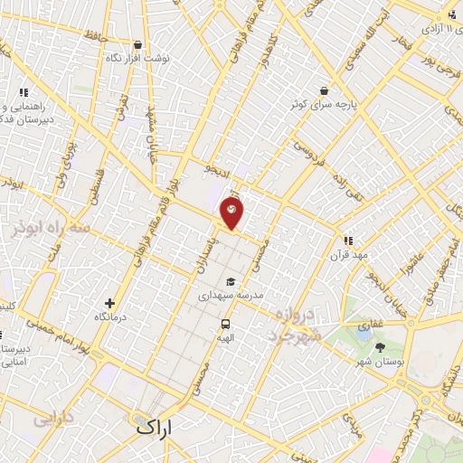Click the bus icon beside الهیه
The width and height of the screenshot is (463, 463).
pos(223,324)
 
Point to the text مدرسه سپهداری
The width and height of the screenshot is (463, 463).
pos(231,296)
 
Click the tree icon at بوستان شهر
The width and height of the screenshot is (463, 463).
pos(378,346)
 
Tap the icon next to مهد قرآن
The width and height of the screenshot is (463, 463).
pos(347,241)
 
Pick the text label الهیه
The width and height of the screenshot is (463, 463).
pos(223,337)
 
